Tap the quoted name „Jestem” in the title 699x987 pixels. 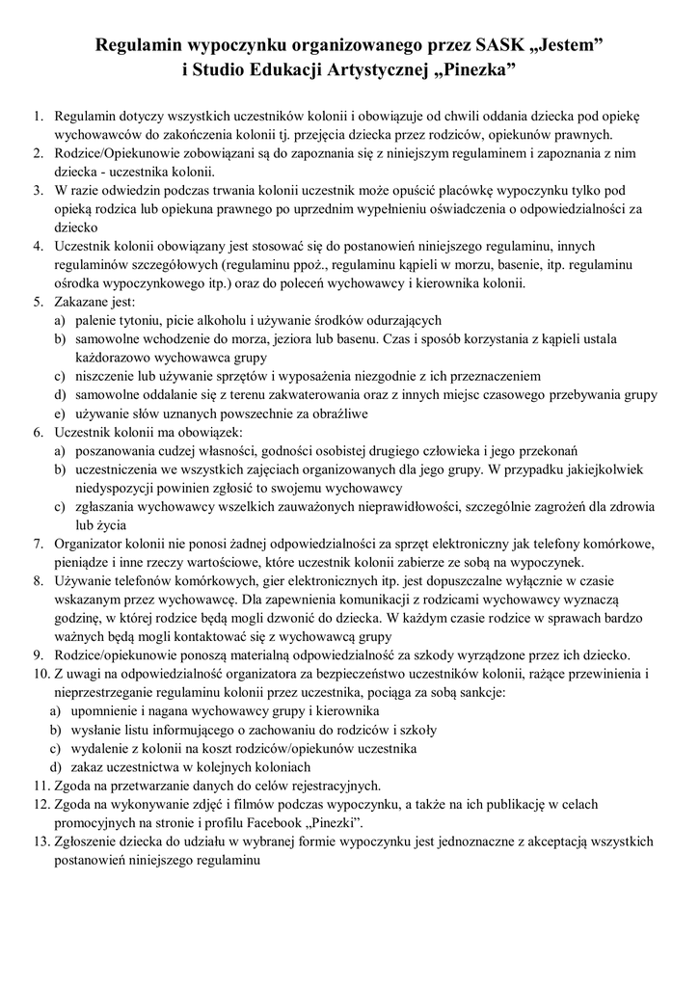click(572, 44)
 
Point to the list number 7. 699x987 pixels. click(39, 543)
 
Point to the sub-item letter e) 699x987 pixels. click(59, 413)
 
